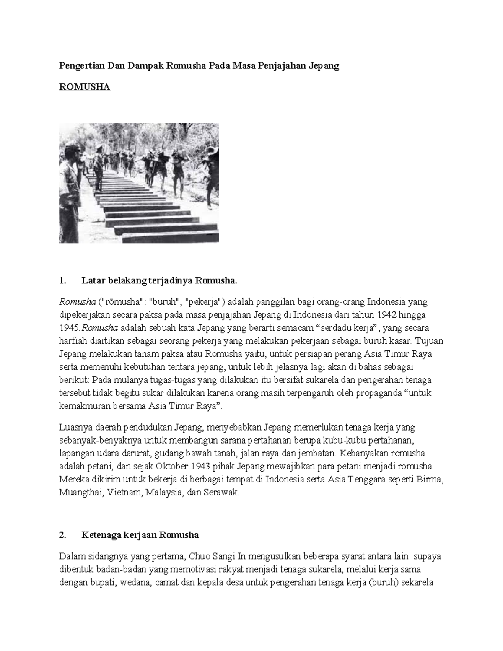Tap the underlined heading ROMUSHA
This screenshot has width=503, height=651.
point(85,87)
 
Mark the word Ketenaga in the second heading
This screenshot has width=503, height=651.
point(99,535)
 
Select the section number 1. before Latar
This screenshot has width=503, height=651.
point(62,280)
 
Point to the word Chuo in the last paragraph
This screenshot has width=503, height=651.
point(200,557)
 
